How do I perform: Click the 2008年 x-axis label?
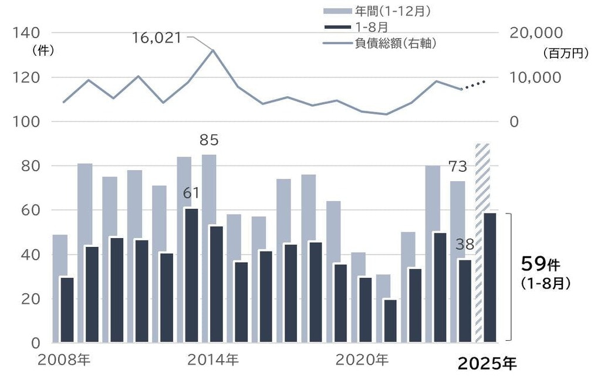click(x=63, y=359)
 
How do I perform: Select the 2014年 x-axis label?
click(x=213, y=359)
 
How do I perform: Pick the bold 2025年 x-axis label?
click(x=487, y=364)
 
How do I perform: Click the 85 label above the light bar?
click(x=208, y=140)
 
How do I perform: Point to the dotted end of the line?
click(x=476, y=85)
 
